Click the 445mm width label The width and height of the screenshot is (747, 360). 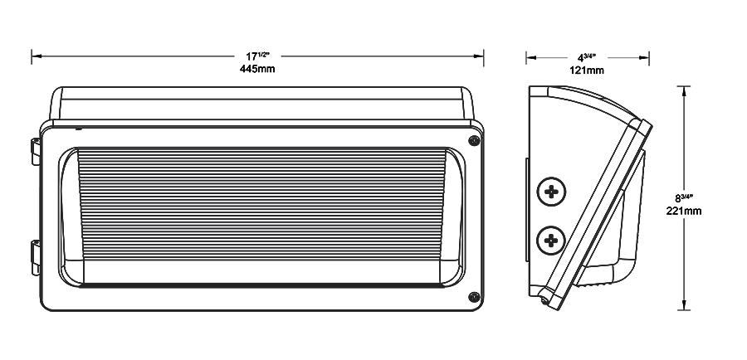[x=256, y=69]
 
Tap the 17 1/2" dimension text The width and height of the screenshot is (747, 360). [x=256, y=56]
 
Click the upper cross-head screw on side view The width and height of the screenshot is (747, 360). [x=549, y=192]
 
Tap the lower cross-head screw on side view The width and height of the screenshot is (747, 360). [x=549, y=241]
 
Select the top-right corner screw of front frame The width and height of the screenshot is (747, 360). [x=474, y=141]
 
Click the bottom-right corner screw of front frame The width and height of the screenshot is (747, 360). [x=474, y=296]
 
